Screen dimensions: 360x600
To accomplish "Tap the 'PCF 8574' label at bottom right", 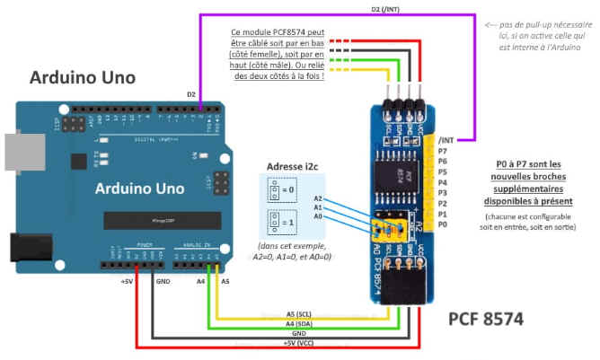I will tap(486, 318).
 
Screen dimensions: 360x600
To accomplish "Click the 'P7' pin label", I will tap(443, 151).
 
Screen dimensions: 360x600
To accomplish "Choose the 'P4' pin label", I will tap(443, 183).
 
